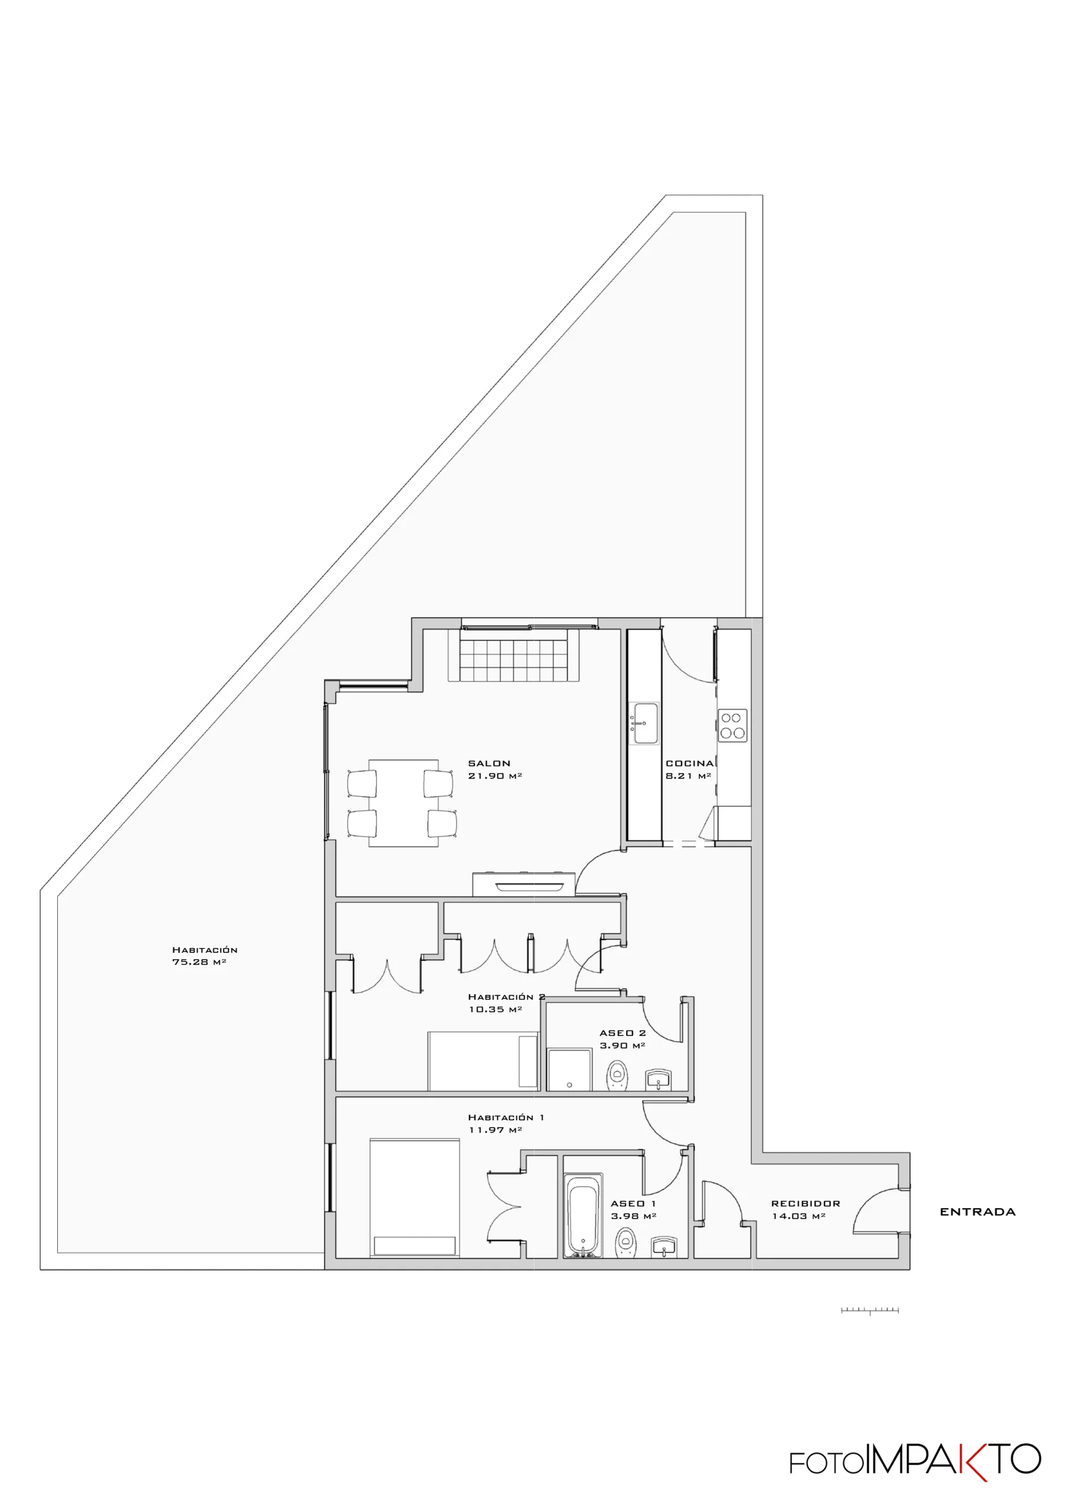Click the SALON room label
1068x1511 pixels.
489,763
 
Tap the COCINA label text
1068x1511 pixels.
690,763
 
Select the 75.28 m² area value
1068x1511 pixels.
199,962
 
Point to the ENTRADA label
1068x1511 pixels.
977,1212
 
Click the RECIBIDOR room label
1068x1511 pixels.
805,1203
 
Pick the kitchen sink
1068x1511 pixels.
645,723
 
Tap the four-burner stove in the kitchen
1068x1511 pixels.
732,725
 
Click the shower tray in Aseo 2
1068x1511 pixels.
569,1070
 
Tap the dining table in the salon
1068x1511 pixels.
403,802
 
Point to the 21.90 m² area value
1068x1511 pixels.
495,776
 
